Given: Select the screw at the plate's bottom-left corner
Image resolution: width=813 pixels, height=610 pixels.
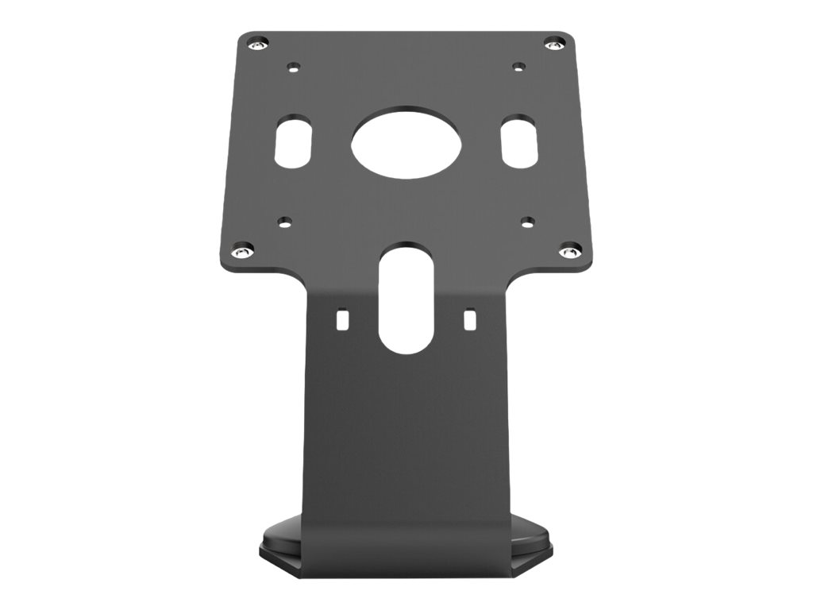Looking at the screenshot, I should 242,251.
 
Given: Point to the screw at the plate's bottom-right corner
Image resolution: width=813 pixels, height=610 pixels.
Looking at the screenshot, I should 566,253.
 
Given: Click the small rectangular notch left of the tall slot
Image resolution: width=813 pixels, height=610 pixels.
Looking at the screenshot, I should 342,319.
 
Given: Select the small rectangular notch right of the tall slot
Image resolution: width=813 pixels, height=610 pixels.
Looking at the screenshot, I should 469,319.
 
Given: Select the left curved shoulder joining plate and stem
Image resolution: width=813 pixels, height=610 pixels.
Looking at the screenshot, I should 295,278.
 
